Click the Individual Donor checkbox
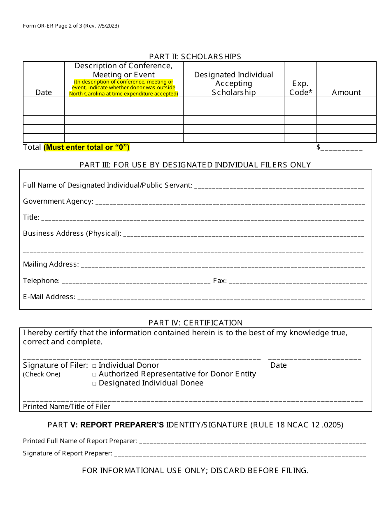pyautogui.click(x=94, y=365)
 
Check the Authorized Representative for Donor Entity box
pyautogui.click(x=94, y=374)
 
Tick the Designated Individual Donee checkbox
pyautogui.click(x=94, y=383)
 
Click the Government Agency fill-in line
pyautogui.click(x=230, y=202)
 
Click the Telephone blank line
pyautogui.click(x=136, y=282)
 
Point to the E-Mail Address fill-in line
pyautogui.click(x=221, y=298)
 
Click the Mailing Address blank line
pyautogui.click(x=223, y=265)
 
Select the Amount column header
pyautogui.click(x=346, y=93)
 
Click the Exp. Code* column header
pyautogui.click(x=300, y=88)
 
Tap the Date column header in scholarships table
pyautogui.click(x=44, y=93)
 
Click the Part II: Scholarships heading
pyautogui.click(x=195, y=56)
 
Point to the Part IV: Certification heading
pyautogui.click(x=195, y=323)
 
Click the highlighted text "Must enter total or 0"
pyautogui.click(x=86, y=147)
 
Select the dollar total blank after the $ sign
pyautogui.click(x=342, y=149)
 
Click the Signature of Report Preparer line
pyautogui.click(x=240, y=455)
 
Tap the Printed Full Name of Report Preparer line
pyautogui.click(x=252, y=442)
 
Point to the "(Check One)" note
pyautogui.click(x=42, y=374)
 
